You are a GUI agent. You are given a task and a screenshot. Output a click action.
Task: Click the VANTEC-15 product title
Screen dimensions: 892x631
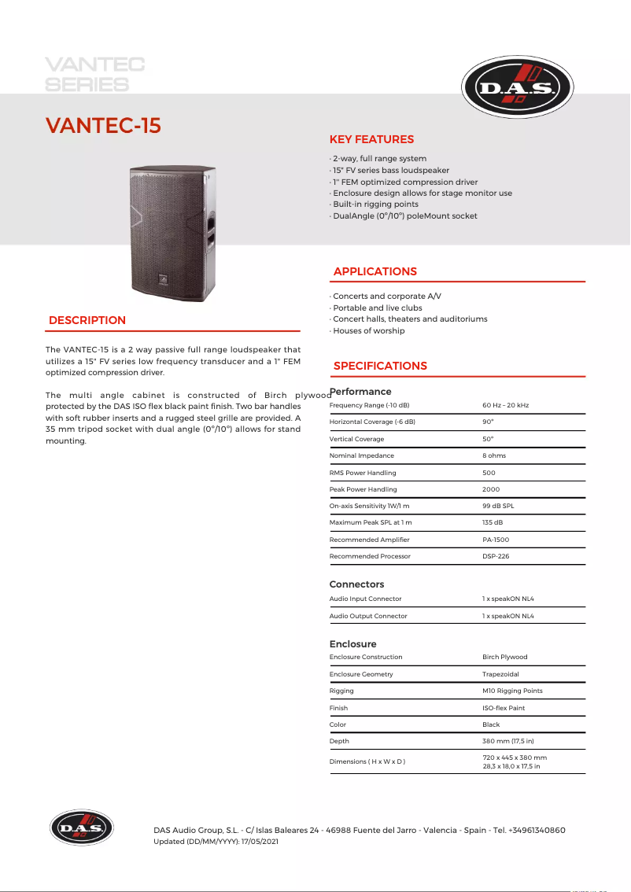[103, 126]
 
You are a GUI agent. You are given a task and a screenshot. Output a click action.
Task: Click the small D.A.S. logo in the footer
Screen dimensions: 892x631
[82, 828]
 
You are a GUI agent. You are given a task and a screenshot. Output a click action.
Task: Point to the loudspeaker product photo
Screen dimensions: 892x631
[172, 233]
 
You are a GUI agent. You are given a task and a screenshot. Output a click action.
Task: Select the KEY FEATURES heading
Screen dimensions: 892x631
[371, 140]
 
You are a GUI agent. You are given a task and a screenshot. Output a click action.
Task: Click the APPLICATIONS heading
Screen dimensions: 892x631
[375, 271]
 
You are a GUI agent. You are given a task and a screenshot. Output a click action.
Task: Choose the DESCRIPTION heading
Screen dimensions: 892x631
[87, 320]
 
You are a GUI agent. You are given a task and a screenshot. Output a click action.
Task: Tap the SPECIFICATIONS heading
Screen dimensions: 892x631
[380, 366]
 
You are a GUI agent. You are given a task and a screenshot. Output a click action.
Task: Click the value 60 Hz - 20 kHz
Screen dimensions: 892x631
[505, 405]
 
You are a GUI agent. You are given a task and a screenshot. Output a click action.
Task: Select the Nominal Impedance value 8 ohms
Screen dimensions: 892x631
[494, 455]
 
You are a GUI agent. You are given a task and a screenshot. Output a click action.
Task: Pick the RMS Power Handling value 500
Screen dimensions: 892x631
[489, 473]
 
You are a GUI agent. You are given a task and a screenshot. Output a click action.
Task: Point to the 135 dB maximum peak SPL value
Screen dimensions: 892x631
[493, 522]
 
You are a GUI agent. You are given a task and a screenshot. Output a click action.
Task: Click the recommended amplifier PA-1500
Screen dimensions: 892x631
[496, 540]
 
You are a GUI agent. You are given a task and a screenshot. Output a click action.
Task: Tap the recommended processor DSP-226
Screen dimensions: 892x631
[495, 556]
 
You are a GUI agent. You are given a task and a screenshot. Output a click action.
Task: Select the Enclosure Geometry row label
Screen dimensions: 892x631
[361, 674]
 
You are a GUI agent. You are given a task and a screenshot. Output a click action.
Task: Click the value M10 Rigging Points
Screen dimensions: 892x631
[512, 691]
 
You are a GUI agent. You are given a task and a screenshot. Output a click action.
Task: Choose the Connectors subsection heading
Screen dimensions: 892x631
[356, 584]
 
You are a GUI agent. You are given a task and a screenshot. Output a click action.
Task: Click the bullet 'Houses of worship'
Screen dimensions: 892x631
[368, 331]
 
